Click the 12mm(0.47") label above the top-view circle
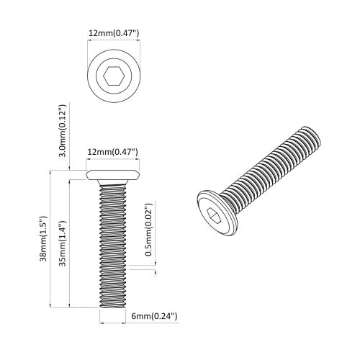pos(112,32)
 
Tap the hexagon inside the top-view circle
pos(112,74)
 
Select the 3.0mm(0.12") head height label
pos(63,130)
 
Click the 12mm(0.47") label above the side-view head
pos(112,152)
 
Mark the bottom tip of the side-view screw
pos(112,305)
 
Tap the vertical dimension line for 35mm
pos(69,243)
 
